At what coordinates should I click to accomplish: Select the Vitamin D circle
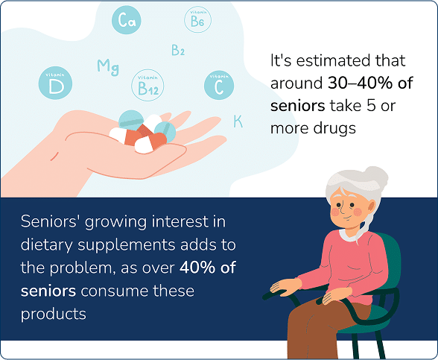(54, 84)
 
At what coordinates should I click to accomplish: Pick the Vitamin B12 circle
(147, 86)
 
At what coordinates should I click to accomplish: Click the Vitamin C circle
(218, 86)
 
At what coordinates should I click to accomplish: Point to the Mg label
(108, 67)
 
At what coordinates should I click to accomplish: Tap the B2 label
(178, 51)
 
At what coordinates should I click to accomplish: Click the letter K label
(238, 121)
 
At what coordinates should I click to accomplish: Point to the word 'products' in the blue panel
(53, 314)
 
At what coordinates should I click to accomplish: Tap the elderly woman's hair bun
(379, 179)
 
